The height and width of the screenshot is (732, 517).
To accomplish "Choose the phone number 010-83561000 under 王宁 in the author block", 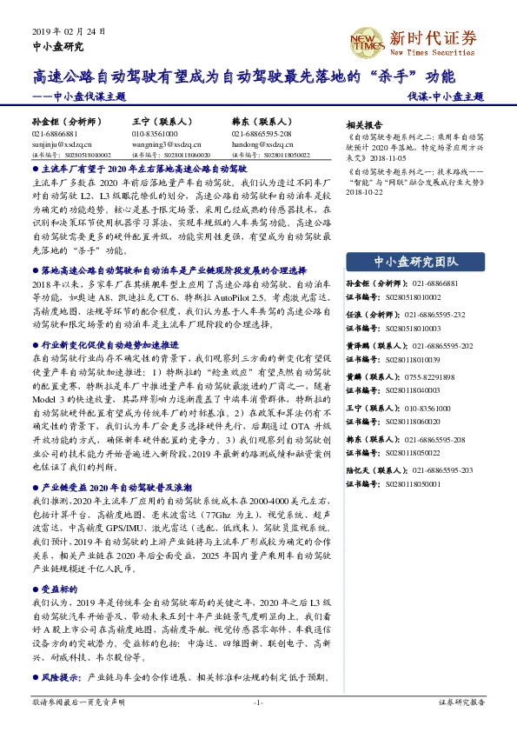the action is [x=155, y=134].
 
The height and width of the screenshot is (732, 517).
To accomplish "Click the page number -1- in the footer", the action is [x=258, y=702].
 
